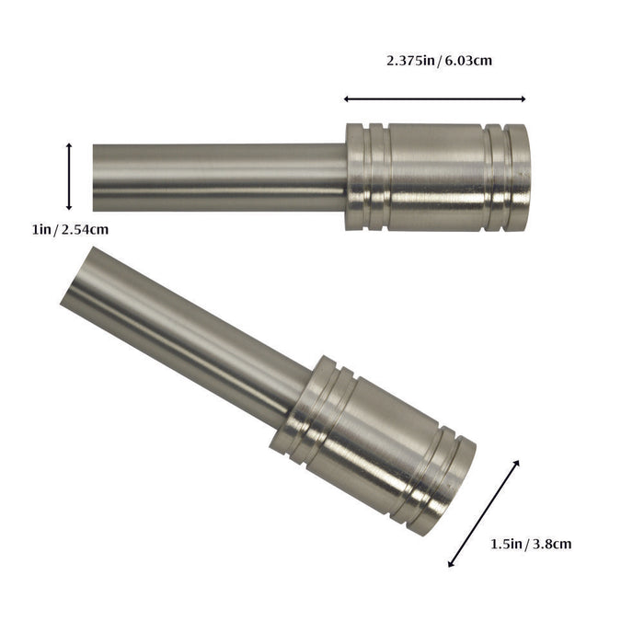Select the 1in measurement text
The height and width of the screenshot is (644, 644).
(41, 230)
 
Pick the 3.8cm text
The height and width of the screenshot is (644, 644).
(552, 544)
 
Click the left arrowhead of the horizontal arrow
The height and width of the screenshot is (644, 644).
(348, 98)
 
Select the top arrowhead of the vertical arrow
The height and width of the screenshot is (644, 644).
(70, 146)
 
